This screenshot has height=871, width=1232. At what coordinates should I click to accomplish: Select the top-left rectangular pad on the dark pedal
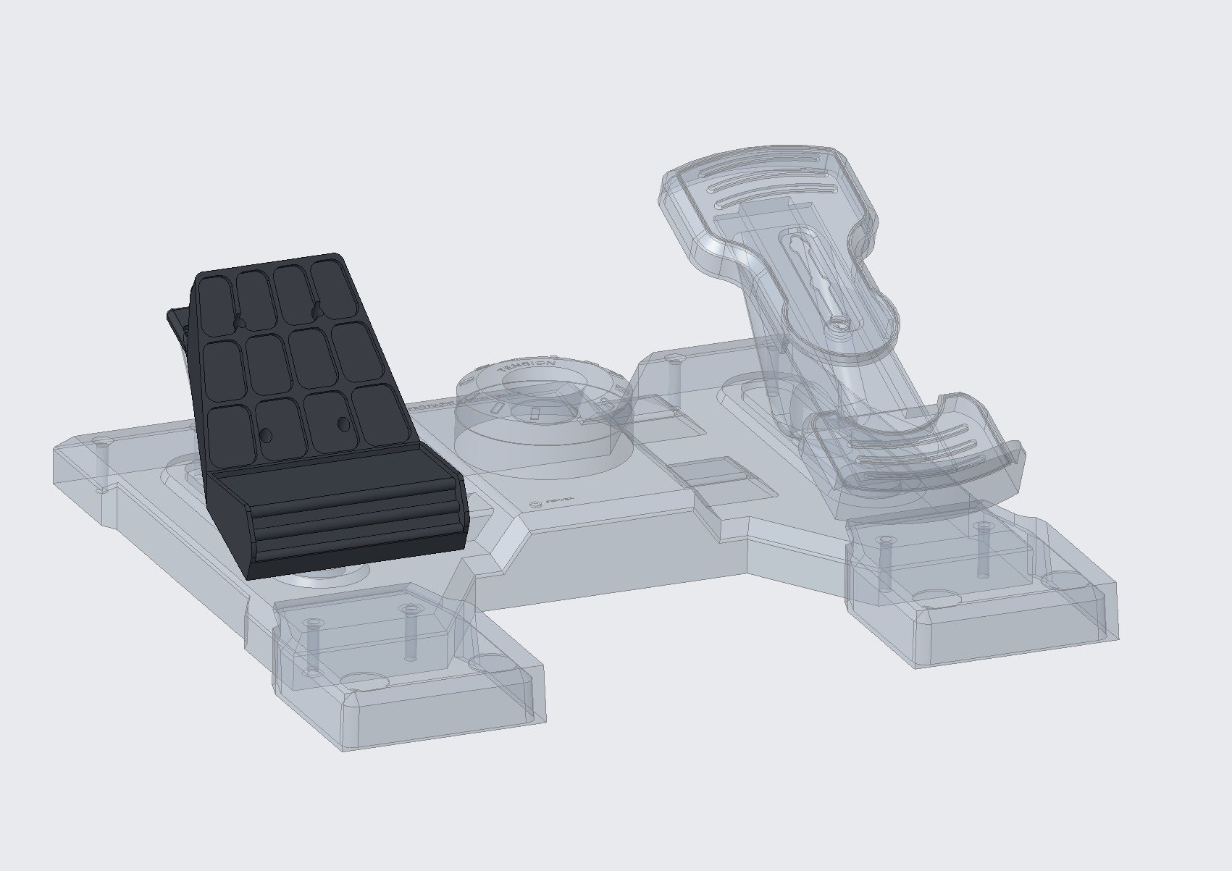(x=215, y=298)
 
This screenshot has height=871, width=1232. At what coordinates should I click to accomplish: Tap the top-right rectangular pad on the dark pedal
(x=331, y=287)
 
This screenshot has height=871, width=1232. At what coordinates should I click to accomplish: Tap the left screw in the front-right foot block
(x=884, y=562)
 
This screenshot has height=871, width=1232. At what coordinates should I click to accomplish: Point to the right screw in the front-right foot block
(x=983, y=548)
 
